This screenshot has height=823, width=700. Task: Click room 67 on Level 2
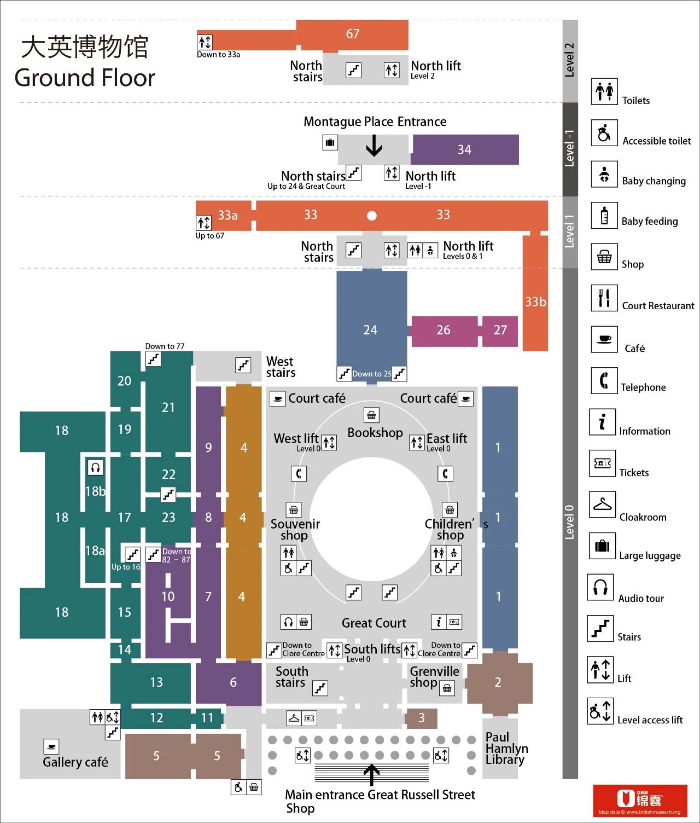[353, 34]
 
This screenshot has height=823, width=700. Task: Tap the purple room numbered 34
[464, 150]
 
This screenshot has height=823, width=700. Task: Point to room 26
[444, 331]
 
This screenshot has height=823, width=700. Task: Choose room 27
[500, 331]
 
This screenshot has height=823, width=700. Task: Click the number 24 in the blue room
[370, 331]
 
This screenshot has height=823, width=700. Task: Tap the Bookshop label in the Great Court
[375, 433]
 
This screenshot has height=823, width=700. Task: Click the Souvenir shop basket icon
[294, 510]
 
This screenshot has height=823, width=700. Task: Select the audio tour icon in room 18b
[95, 467]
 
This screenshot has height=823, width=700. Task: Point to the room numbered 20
[125, 381]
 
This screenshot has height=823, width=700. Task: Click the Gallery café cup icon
[51, 746]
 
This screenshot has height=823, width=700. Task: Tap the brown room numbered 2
[498, 682]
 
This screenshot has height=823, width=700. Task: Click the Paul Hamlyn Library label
[506, 748]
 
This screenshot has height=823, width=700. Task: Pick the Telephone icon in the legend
[604, 380]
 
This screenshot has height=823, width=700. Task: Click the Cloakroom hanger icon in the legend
[602, 505]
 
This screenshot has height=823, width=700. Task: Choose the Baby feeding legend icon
[604, 216]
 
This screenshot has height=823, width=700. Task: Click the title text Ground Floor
[85, 78]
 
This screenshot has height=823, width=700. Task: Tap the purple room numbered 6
[233, 682]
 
